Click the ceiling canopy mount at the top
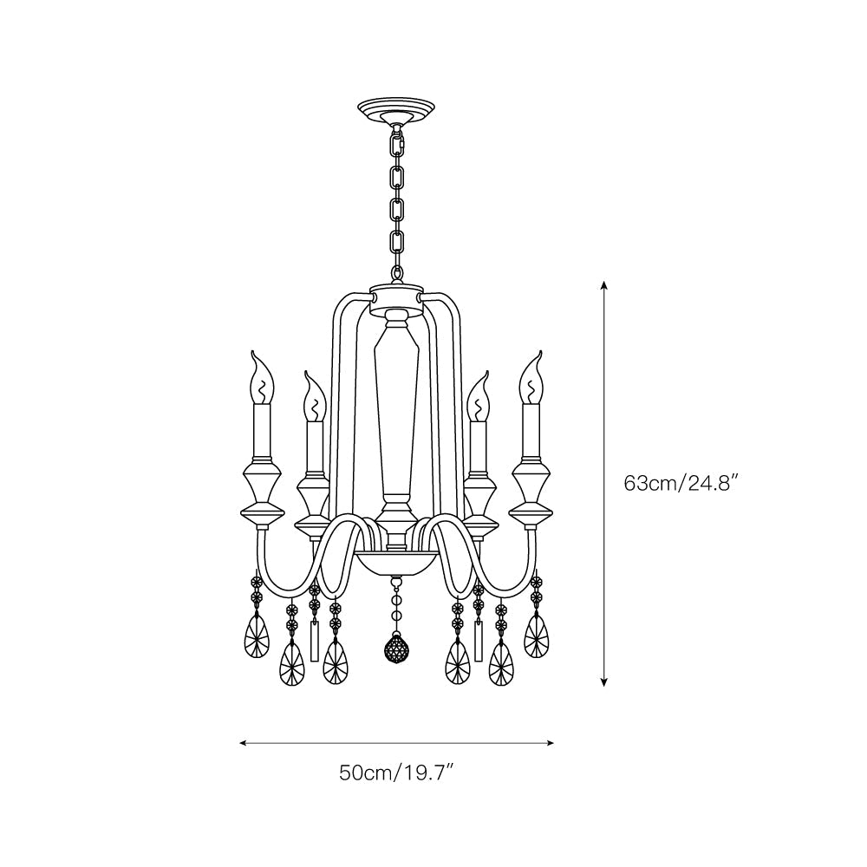[396, 112]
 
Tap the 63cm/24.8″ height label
[681, 483]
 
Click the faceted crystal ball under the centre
[396, 649]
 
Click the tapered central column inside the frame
[396, 407]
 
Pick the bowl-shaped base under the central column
[396, 562]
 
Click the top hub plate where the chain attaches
[396, 295]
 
